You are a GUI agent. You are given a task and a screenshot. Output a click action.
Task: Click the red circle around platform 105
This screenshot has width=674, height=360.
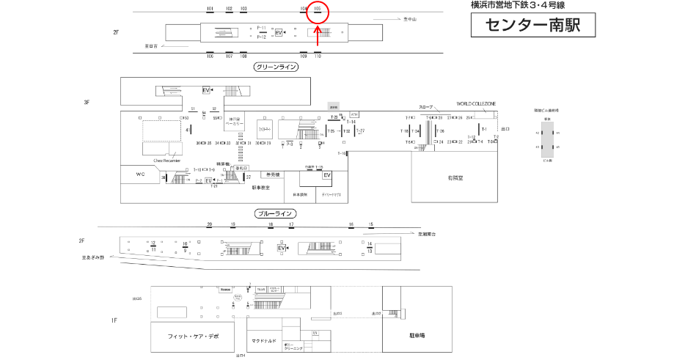click(x=318, y=11)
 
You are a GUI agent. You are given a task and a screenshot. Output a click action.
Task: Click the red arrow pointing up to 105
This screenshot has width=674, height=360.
click(x=318, y=35)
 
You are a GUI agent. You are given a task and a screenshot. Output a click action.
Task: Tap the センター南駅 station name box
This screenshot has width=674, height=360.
click(x=532, y=26)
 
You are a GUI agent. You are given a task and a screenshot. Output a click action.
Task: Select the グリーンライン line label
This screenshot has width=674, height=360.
click(x=275, y=67)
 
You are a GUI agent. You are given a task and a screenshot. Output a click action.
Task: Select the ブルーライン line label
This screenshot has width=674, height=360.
click(x=275, y=214)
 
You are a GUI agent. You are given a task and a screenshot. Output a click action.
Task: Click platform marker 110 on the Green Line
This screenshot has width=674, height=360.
click(x=318, y=56)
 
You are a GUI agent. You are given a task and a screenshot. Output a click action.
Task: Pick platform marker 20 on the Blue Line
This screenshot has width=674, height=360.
click(x=210, y=224)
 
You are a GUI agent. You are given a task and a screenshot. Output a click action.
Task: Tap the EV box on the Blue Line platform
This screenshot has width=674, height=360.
click(x=280, y=249)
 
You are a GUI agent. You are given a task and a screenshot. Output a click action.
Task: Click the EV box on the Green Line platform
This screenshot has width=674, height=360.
click(x=278, y=33)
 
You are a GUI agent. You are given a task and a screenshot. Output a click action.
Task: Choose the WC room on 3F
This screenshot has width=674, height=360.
click(x=141, y=175)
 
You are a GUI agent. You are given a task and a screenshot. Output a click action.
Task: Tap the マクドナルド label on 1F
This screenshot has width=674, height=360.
click(x=263, y=340)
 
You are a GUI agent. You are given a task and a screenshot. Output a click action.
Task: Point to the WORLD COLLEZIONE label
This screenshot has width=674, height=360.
click(x=477, y=103)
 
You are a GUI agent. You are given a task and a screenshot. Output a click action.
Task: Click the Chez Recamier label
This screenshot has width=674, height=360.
click(x=166, y=160)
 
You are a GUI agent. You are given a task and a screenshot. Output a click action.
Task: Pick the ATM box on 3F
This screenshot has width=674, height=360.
click(x=354, y=114)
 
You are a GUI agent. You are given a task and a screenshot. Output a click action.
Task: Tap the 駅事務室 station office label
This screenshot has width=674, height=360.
click(x=261, y=188)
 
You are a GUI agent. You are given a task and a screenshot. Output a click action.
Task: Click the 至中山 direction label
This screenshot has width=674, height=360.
click(x=409, y=19)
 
